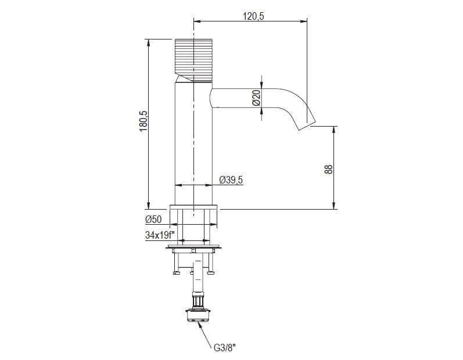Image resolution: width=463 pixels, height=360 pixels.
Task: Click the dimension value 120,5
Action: click(x=253, y=16)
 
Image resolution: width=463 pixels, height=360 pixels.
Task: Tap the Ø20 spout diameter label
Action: click(x=256, y=98)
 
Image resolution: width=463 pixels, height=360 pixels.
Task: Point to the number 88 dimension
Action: click(x=328, y=169)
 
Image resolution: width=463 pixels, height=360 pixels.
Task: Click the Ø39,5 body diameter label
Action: click(x=231, y=181)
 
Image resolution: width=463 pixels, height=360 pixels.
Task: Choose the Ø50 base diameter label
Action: click(x=153, y=219)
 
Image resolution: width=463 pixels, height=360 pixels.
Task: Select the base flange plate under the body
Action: click(x=193, y=207)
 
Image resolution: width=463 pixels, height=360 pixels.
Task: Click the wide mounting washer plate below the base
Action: click(x=193, y=249)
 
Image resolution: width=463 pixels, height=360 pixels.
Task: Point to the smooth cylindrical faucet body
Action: click(x=192, y=145)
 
